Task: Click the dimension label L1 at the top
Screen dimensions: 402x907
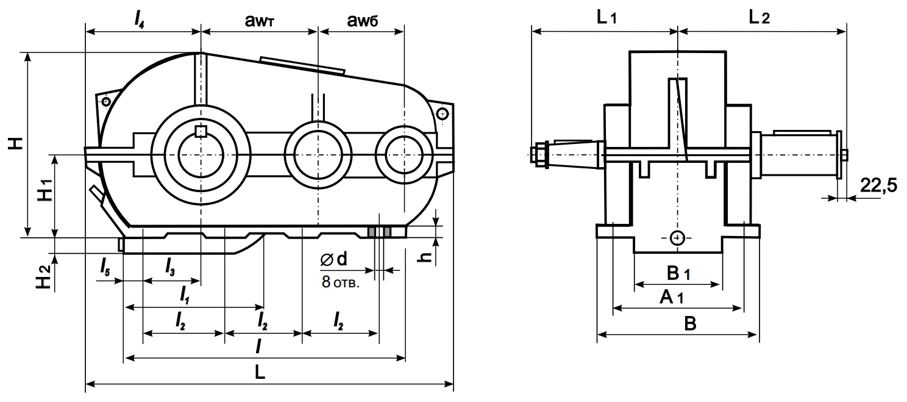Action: (606, 18)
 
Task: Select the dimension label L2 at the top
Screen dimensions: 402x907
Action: (759, 18)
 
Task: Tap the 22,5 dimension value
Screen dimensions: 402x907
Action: (878, 185)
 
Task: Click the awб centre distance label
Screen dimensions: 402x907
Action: (361, 21)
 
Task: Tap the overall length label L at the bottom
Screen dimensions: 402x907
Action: (260, 373)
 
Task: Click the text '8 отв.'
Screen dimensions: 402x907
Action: (341, 282)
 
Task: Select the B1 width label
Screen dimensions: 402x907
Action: (678, 273)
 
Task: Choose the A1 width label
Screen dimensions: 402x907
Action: (672, 298)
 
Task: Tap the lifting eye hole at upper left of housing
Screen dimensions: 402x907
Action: (106, 101)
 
